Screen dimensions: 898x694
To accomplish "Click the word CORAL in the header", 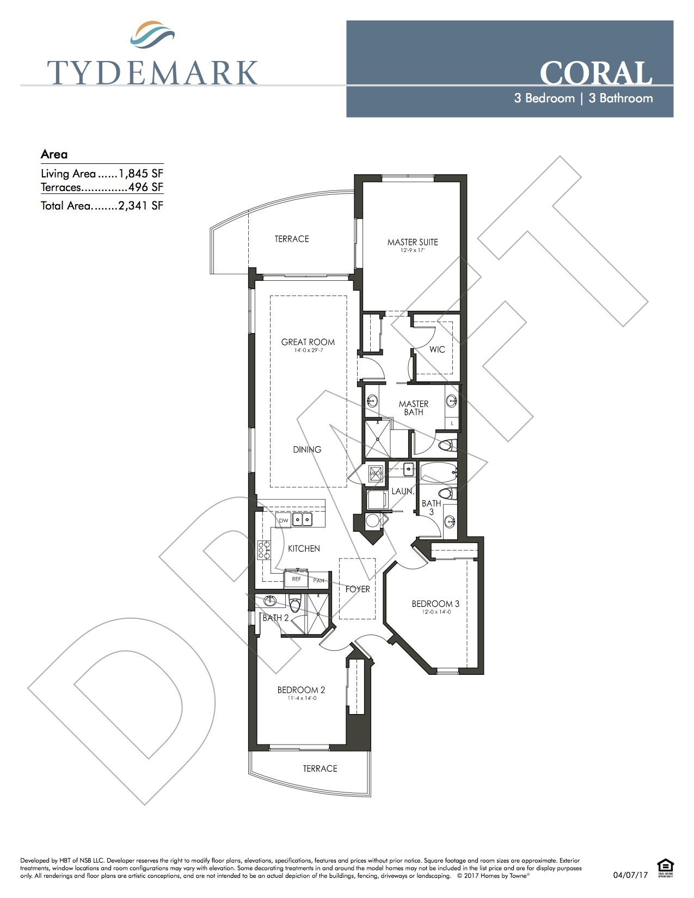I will click(595, 73).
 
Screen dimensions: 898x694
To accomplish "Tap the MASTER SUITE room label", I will click(413, 242).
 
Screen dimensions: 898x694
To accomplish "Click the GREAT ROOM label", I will click(308, 342).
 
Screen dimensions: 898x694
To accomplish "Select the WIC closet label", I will click(437, 349).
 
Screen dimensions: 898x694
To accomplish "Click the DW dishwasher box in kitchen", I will click(284, 521).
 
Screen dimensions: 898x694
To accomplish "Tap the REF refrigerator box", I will click(296, 579).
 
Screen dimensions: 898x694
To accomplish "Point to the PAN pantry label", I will click(319, 581).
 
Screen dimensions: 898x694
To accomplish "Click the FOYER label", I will click(358, 589).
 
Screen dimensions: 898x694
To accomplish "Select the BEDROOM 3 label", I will click(435, 604).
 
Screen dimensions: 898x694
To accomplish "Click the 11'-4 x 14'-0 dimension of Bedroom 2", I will click(302, 698).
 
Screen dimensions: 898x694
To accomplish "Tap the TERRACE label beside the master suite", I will click(292, 239).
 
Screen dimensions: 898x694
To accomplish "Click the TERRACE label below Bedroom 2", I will click(320, 768).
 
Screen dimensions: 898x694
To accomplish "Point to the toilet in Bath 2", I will click(295, 604).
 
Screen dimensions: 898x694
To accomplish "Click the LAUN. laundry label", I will click(403, 491).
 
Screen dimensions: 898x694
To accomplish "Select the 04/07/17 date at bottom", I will click(630, 875).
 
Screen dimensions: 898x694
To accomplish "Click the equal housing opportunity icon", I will click(665, 866).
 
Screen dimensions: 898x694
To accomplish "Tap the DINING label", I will click(307, 450).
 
